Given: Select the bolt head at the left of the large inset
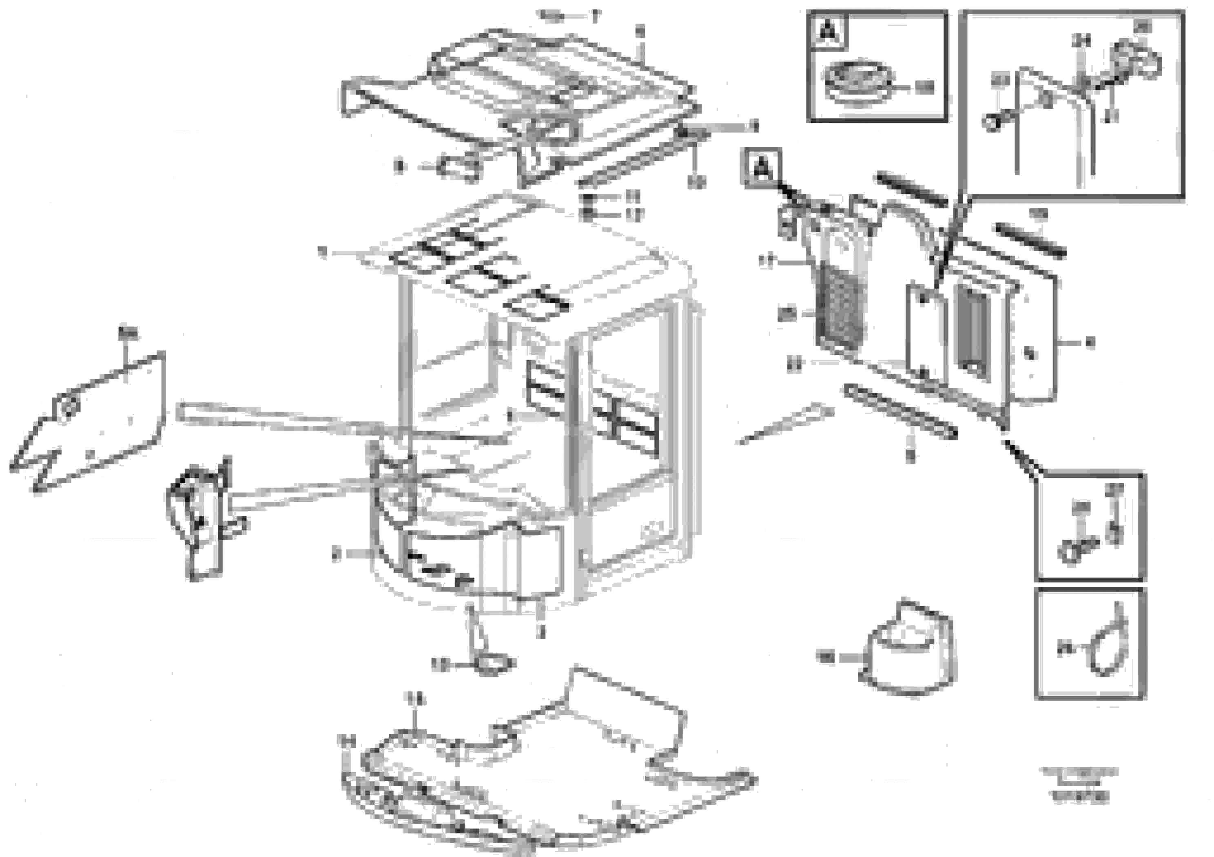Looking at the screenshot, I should (x=993, y=123).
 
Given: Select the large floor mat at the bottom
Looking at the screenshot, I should (x=529, y=771).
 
